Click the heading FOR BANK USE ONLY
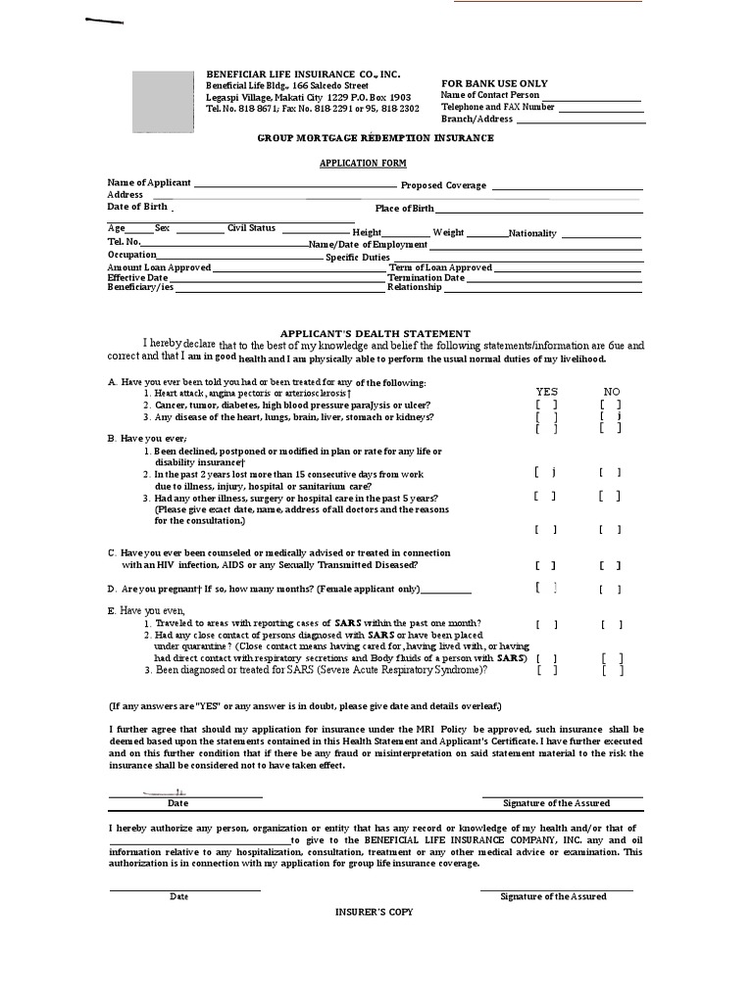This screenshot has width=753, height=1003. [x=494, y=83]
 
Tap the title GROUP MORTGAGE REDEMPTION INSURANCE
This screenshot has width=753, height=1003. [x=376, y=138]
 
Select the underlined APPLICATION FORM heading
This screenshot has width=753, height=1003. [x=363, y=164]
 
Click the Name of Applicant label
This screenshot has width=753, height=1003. [x=149, y=183]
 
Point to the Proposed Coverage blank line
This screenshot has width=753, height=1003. [x=567, y=187]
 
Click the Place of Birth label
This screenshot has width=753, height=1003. [x=404, y=209]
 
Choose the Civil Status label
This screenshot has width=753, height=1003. [x=251, y=228]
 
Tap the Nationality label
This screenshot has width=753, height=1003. [x=532, y=233]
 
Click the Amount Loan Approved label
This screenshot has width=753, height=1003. [x=159, y=267]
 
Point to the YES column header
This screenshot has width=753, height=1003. [x=546, y=392]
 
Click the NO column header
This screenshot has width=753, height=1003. [x=611, y=392]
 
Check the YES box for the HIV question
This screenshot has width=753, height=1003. [x=546, y=565]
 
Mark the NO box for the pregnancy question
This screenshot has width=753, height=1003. [x=610, y=590]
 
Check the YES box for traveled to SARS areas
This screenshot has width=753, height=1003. [x=546, y=624]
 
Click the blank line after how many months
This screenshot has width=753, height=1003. [x=446, y=592]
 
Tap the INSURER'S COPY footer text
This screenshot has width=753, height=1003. [x=375, y=912]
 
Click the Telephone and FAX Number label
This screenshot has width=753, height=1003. [x=497, y=107]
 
